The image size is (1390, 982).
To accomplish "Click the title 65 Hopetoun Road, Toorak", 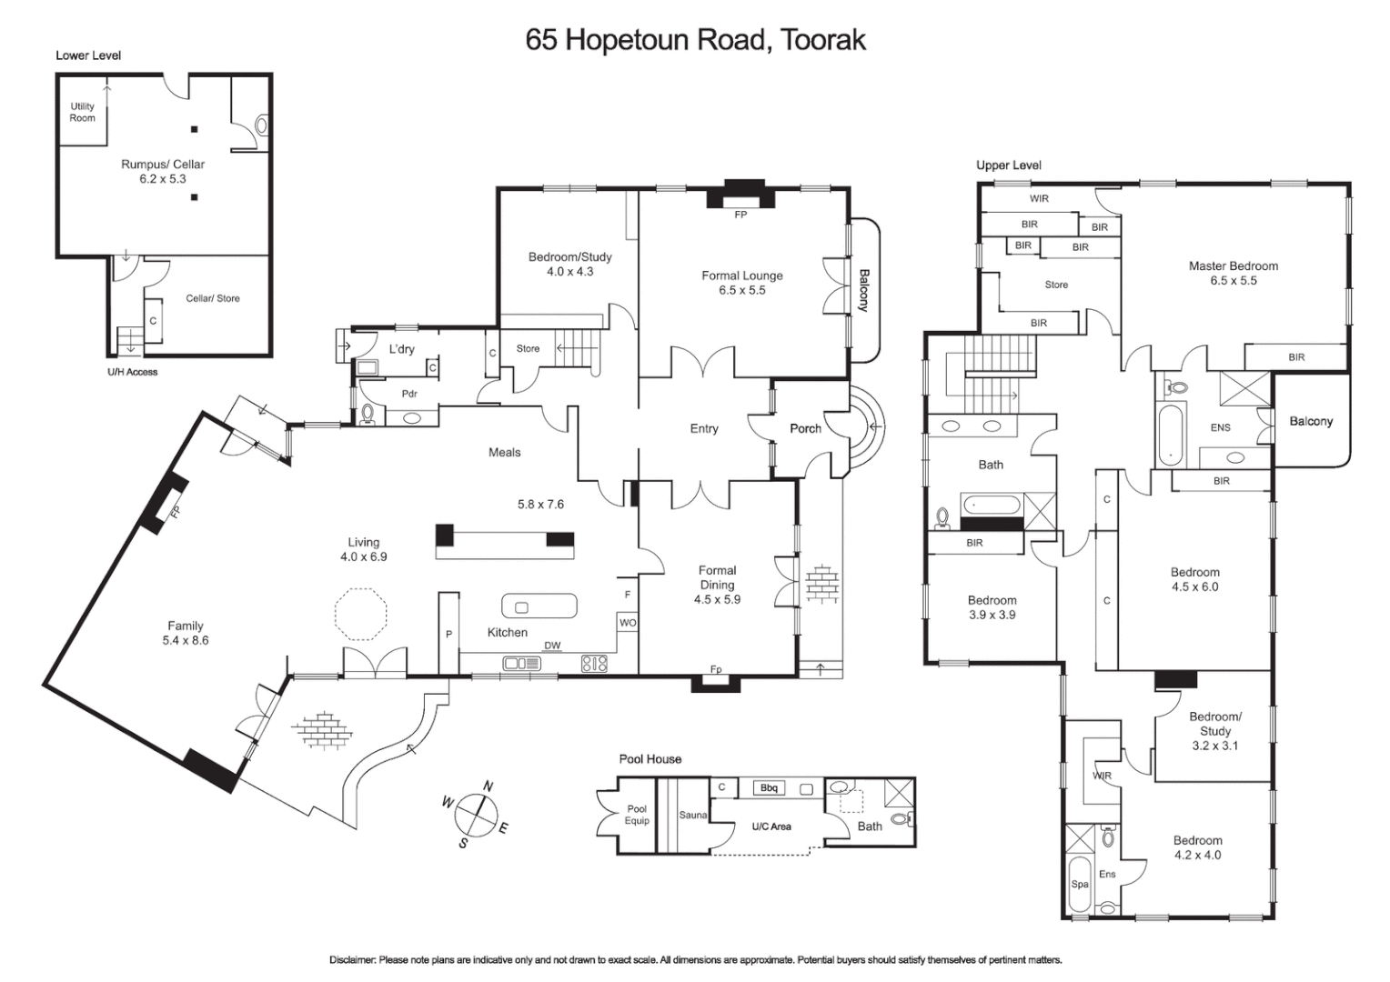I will tap(695, 39).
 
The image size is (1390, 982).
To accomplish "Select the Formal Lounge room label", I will tap(741, 276).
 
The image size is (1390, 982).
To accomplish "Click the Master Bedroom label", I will tap(1233, 266).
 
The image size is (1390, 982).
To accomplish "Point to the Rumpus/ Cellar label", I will tap(163, 165).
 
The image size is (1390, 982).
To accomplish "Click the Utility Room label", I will tap(82, 112).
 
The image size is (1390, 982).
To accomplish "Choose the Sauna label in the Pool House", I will tap(693, 816).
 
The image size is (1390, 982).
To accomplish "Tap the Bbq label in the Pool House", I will tap(769, 788).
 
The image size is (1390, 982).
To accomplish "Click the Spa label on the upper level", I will tap(1079, 884).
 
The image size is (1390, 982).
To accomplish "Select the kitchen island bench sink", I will tap(522, 607).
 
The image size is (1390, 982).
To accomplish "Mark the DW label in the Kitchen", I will tap(552, 646).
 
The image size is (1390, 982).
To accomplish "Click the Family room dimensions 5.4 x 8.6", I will tap(186, 640).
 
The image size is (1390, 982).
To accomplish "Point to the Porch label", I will tap(805, 428).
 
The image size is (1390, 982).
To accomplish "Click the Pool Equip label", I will tap(637, 815).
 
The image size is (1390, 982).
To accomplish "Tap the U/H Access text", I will tap(132, 372).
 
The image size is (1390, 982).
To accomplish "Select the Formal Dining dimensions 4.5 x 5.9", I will tap(717, 600).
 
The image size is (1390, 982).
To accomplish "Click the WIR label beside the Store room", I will tap(1039, 198).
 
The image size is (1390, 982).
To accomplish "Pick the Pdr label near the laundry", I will tap(409, 394).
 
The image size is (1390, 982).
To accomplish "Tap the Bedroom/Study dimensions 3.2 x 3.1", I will tap(1214, 746).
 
